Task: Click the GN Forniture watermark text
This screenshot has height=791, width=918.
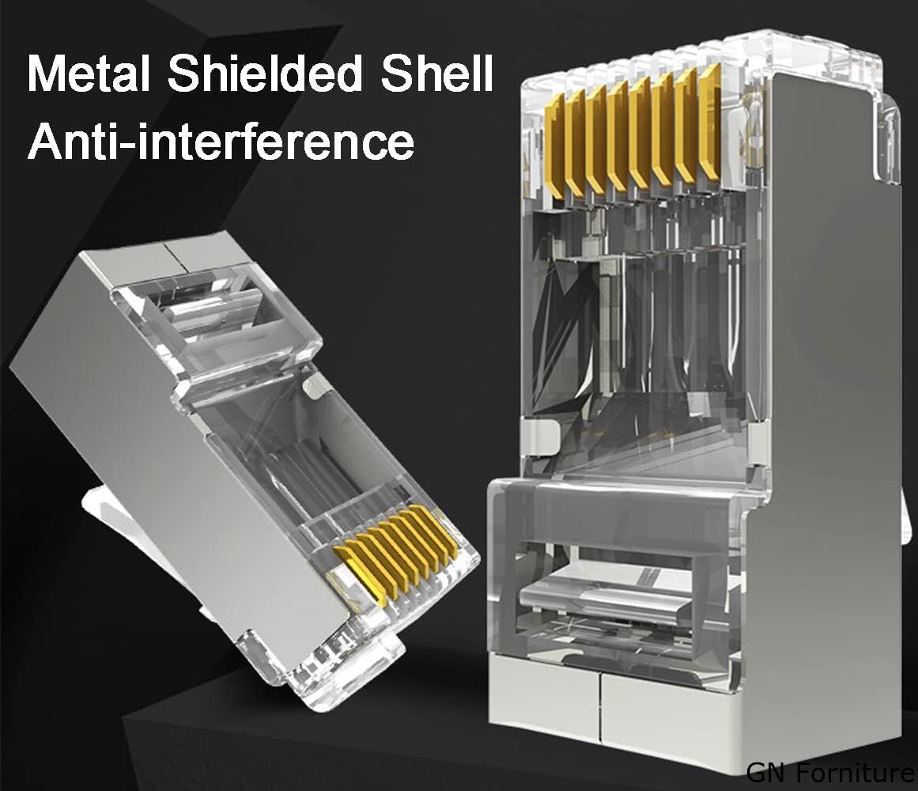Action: pos(831,772)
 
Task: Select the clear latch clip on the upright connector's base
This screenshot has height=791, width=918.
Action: pos(603,597)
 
